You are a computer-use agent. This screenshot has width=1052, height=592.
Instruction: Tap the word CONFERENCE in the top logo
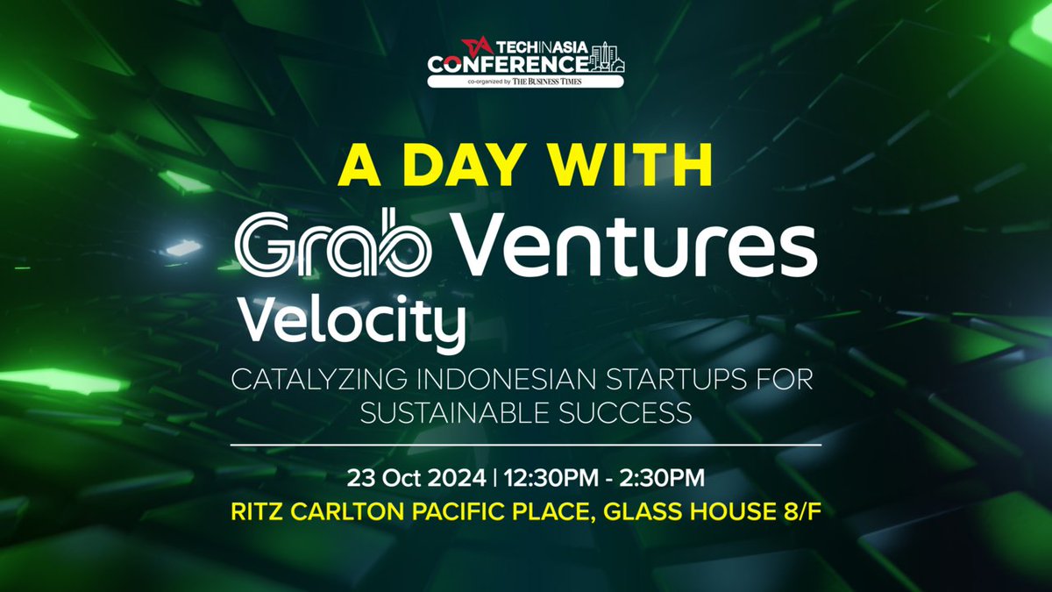pos(507,65)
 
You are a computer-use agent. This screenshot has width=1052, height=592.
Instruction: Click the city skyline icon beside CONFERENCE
pos(606,57)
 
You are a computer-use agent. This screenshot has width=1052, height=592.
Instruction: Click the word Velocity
pos(351,322)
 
